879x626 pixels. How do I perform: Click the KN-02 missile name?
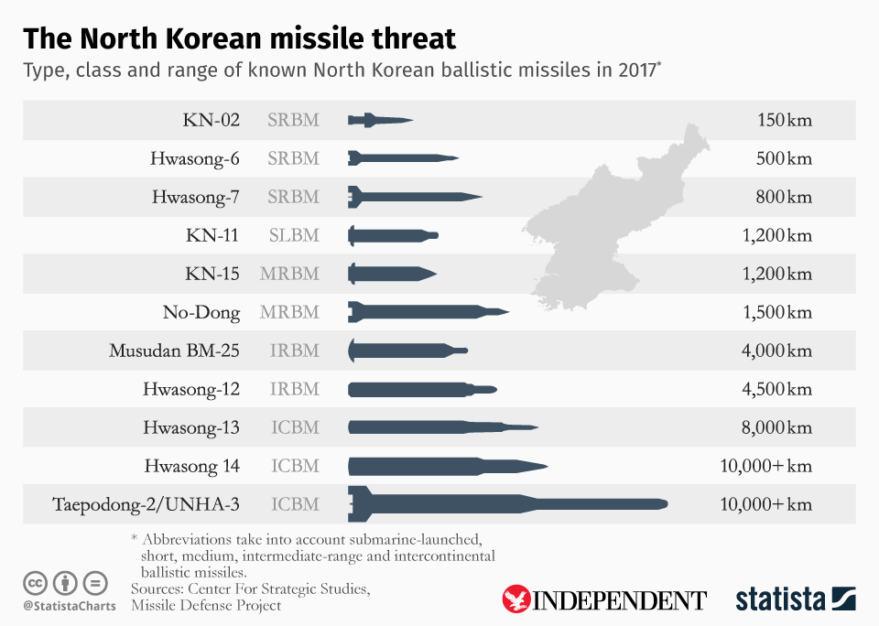pyautogui.click(x=211, y=120)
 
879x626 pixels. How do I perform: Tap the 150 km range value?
pyautogui.click(x=785, y=120)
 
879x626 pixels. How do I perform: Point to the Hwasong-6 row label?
pyautogui.click(x=195, y=158)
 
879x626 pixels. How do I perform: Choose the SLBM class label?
pyautogui.click(x=293, y=235)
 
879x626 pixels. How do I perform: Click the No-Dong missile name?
pyautogui.click(x=201, y=312)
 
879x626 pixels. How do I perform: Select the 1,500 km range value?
pyautogui.click(x=777, y=312)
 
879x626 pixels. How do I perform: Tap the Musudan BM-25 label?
pyautogui.click(x=175, y=351)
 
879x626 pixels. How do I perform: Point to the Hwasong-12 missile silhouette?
pyautogui.click(x=422, y=389)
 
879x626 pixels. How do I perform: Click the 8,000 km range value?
pyautogui.click(x=777, y=427)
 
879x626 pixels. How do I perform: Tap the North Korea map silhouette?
pyautogui.click(x=613, y=220)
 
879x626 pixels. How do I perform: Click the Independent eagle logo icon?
pyautogui.click(x=516, y=599)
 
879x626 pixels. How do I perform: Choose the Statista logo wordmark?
pyautogui.click(x=780, y=599)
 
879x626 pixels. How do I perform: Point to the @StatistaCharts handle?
pyautogui.click(x=70, y=606)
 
